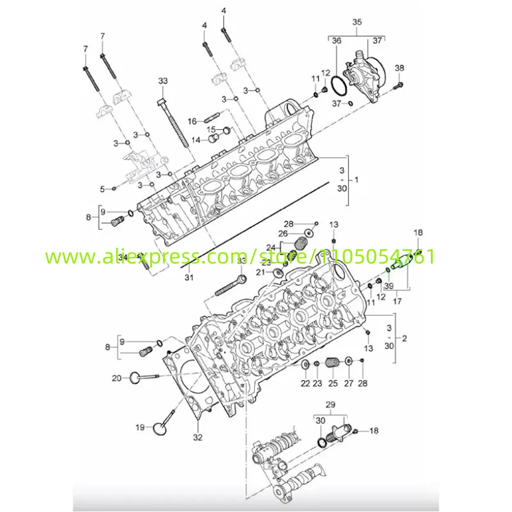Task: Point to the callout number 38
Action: pos(399,68)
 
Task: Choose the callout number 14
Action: pos(196,140)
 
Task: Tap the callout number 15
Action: pos(211,129)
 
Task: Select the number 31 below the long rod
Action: pos(189,278)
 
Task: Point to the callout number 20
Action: pos(116,378)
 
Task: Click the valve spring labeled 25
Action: pos(332,364)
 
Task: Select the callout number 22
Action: pos(305,384)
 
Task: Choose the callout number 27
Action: pos(349,384)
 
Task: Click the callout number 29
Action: pos(331,404)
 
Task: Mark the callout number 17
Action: pos(397,301)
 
